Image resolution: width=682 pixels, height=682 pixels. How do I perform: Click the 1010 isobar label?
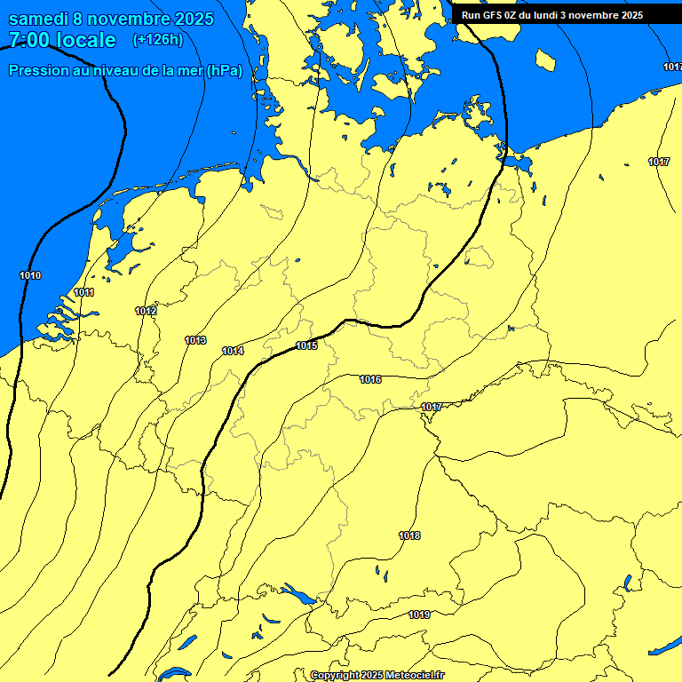point(30,275)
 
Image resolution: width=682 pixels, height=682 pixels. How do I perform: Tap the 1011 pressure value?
point(84,292)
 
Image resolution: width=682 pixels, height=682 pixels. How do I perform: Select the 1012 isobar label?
point(146,311)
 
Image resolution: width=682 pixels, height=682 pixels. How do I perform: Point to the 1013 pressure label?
point(195,340)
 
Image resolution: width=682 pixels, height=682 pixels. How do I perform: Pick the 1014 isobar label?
point(233,351)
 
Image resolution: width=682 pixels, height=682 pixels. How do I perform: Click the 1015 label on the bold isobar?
point(306,345)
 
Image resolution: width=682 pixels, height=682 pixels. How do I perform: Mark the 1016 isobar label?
point(370,379)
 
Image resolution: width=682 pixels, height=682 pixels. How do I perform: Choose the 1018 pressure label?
point(409,535)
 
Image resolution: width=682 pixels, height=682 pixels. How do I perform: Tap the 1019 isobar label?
point(419,615)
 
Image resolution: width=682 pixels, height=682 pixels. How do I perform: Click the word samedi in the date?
point(41,19)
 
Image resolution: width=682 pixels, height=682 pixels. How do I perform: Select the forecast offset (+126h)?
point(157,40)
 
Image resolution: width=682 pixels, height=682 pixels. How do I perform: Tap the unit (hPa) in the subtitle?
point(224,70)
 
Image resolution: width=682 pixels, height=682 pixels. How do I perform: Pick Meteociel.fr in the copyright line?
point(413,675)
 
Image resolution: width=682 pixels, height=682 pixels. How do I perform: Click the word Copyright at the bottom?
point(335,675)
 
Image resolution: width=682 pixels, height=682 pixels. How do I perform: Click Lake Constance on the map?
point(298,593)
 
